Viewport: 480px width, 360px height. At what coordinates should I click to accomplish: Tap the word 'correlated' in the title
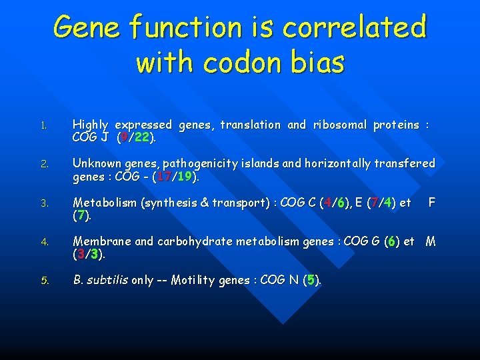pos(354,27)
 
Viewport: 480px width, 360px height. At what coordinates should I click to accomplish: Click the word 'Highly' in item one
pos(90,125)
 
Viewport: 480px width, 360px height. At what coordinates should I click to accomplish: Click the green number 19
pos(185,177)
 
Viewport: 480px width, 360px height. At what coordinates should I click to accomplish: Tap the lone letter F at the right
pos(431,202)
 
